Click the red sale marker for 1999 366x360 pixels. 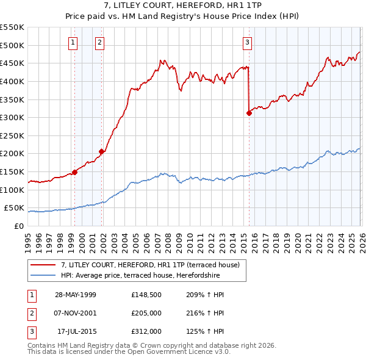point(74,172)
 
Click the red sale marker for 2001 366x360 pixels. point(101,151)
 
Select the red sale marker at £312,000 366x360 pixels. point(249,113)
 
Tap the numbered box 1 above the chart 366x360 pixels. point(73,42)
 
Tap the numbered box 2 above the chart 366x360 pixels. point(99,42)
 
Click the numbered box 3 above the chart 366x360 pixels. point(247,42)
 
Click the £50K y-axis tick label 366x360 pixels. point(14,208)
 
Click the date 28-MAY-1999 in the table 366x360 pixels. point(76,295)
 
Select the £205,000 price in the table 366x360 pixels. point(147,314)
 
